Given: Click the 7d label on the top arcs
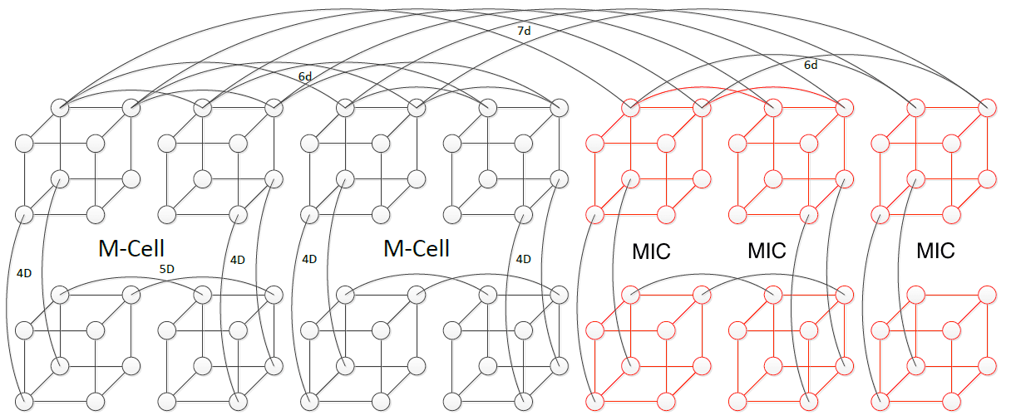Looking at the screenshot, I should [x=524, y=31].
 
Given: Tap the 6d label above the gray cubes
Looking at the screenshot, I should [x=305, y=76].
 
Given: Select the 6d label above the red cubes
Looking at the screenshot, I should [x=810, y=65].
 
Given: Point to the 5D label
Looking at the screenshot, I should [x=167, y=269].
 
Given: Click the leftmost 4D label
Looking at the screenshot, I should [x=24, y=273].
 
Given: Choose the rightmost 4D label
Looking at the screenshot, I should [x=523, y=259].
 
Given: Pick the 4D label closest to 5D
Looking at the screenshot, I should [x=238, y=259].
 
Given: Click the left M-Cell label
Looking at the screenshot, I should [x=131, y=248].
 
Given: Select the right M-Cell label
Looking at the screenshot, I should [x=417, y=248].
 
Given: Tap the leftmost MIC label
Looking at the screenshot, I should [x=651, y=251].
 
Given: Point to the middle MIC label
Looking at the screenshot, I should [x=767, y=251].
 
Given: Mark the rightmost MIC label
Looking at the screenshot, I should [x=935, y=251].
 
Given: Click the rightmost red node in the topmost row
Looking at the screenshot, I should [x=987, y=108].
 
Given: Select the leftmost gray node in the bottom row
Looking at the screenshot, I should [x=24, y=402].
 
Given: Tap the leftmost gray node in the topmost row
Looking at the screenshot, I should [x=60, y=108].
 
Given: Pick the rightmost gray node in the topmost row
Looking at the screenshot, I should [x=560, y=108].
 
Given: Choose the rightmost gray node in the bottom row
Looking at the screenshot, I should [x=524, y=402].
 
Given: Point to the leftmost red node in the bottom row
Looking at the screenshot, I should [x=594, y=402].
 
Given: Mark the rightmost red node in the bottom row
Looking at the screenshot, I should [x=951, y=402].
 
